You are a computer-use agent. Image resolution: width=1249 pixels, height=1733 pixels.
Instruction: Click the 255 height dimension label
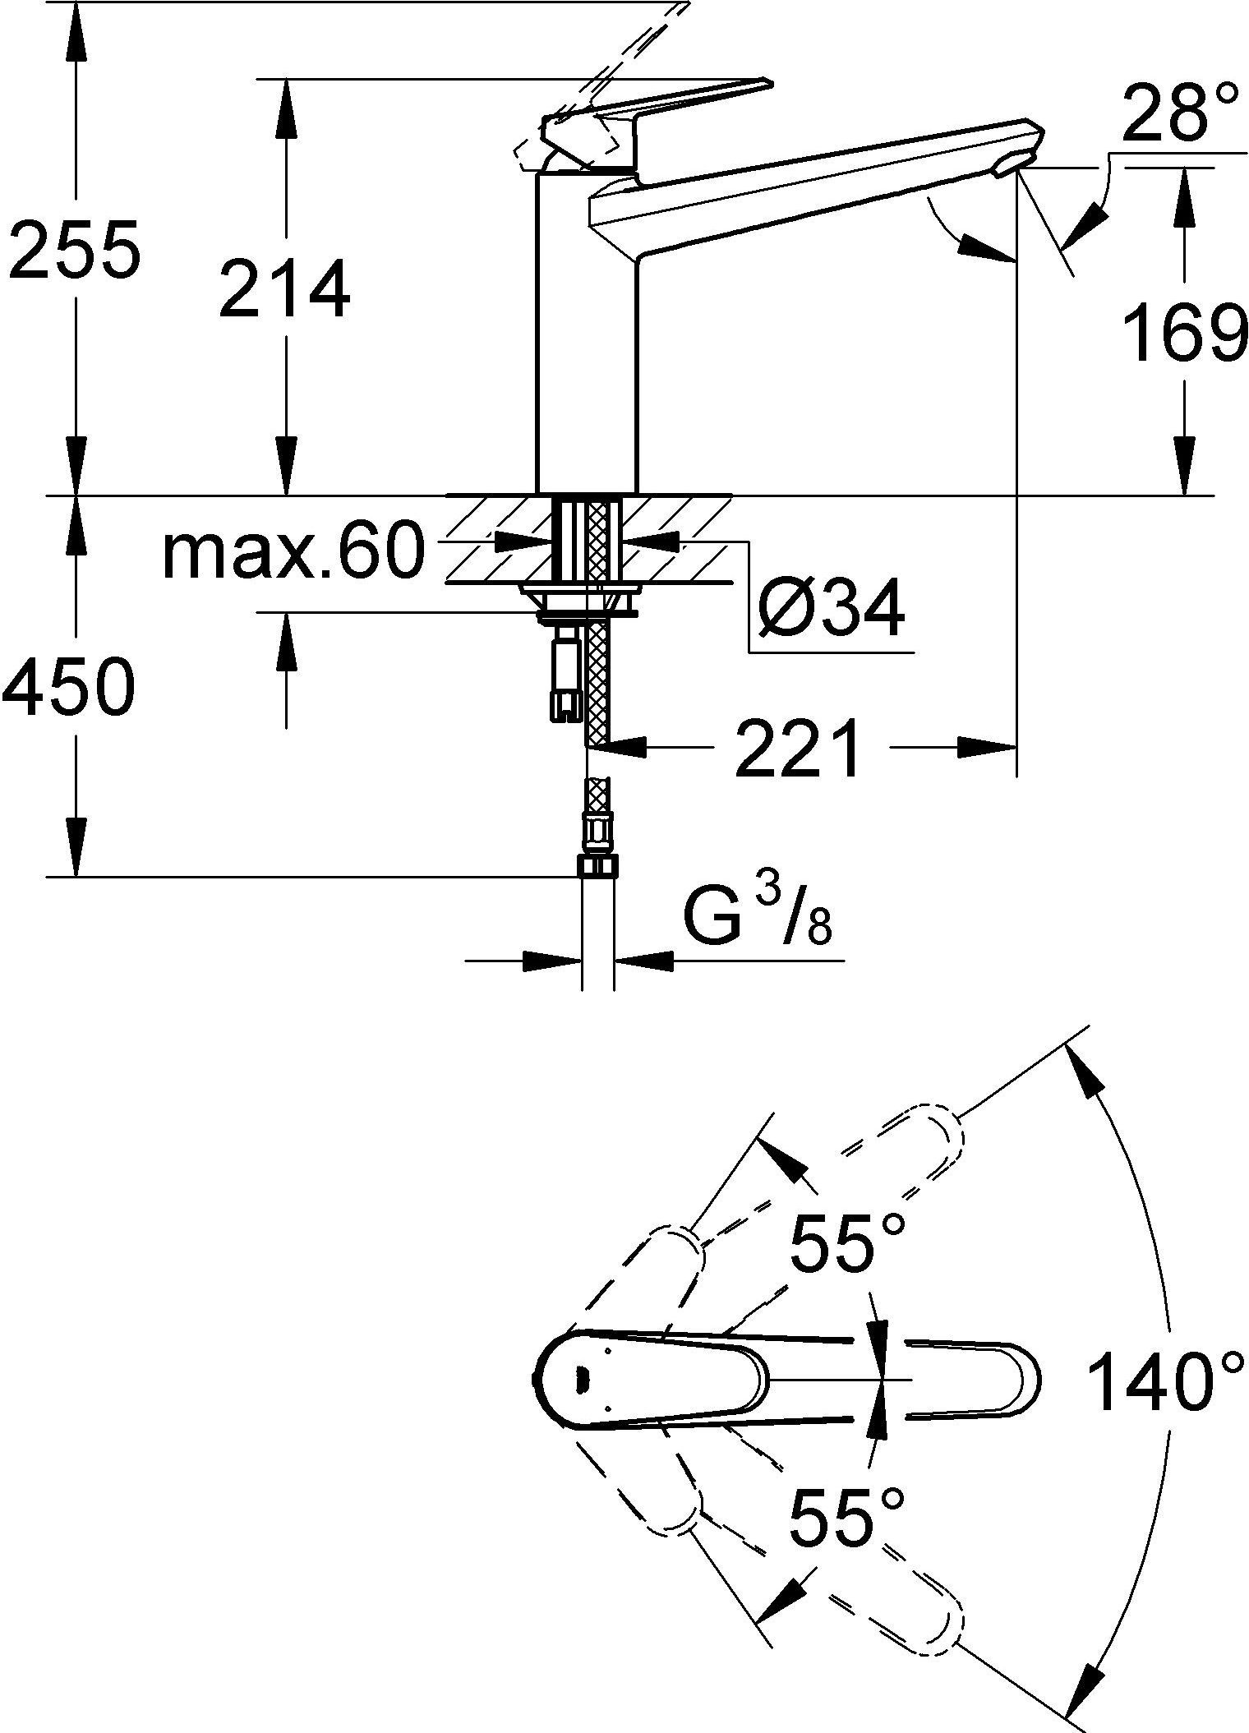(x=71, y=247)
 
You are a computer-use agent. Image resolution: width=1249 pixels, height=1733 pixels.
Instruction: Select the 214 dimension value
(x=284, y=288)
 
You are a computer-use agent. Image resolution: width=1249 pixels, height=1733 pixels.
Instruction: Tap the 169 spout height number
(x=1184, y=333)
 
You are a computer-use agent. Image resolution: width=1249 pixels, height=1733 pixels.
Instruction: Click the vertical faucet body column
(x=587, y=333)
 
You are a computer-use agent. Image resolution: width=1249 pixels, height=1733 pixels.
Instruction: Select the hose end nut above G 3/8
(x=599, y=865)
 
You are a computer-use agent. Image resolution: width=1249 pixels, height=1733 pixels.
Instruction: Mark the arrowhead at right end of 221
(x=987, y=747)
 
